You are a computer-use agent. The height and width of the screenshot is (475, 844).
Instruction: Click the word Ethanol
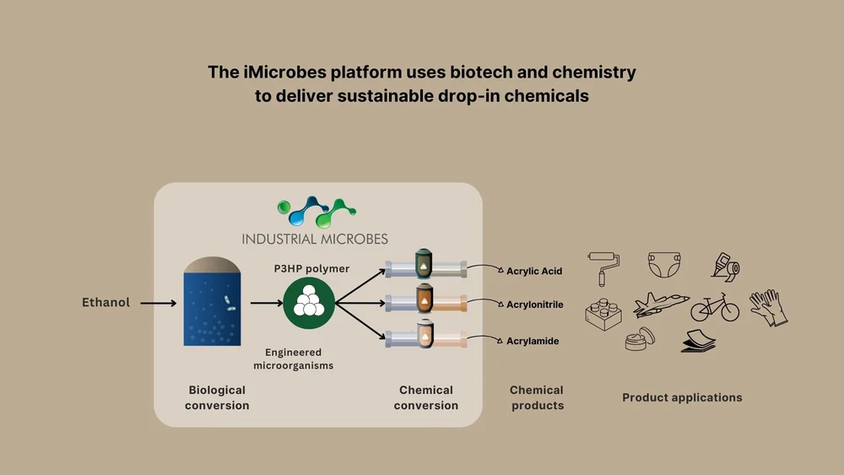(x=105, y=302)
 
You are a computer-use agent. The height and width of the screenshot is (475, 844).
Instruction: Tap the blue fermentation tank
(x=208, y=303)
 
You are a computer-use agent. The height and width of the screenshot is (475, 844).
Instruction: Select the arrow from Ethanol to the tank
(x=158, y=303)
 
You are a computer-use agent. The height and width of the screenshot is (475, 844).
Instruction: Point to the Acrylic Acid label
(x=533, y=272)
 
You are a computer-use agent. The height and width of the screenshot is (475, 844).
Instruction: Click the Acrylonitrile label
(x=534, y=305)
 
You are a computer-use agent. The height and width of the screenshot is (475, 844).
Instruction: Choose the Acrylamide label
(x=533, y=341)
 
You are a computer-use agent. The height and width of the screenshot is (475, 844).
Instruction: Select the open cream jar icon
(x=639, y=339)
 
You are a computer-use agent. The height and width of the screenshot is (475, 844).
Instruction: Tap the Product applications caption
(x=682, y=397)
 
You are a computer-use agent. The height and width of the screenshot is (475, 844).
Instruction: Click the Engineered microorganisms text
(x=293, y=359)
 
